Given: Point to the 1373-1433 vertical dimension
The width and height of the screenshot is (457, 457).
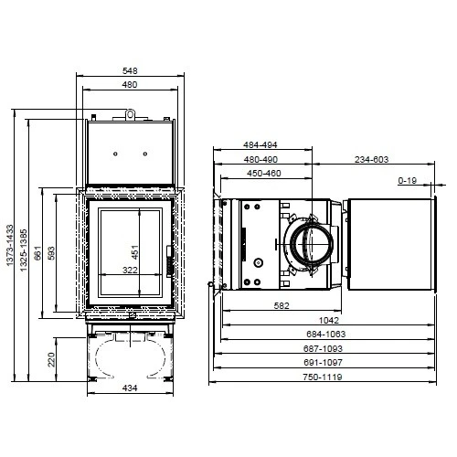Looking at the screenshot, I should coord(10,257).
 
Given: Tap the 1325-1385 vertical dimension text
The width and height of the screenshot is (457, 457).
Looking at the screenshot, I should coord(24,257).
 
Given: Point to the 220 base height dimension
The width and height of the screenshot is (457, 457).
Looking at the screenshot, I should coord(51,358).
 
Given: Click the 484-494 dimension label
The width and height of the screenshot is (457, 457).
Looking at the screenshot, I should coord(260,145).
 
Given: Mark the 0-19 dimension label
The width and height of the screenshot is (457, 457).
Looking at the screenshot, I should coord(409,181).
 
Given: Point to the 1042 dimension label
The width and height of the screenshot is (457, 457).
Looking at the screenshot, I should coord(329,320).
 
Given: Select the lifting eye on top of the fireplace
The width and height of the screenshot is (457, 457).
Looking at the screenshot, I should coord(132,114).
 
